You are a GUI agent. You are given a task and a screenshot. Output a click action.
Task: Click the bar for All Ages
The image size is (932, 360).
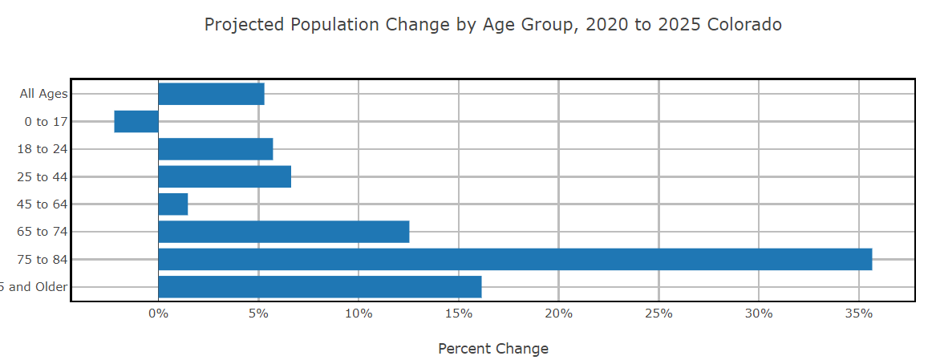click(211, 94)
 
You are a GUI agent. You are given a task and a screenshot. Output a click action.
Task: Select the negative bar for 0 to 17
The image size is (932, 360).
click(136, 122)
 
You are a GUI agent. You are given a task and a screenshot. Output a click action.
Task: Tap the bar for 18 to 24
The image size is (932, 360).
click(215, 149)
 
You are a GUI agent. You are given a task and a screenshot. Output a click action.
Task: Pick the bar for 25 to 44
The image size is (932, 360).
click(225, 176)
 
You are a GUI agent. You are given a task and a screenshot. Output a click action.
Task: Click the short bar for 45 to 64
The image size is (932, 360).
click(172, 204)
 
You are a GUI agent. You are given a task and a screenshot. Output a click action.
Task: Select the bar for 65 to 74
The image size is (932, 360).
click(283, 232)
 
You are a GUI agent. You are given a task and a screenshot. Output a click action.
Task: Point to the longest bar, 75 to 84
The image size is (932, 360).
click(514, 259)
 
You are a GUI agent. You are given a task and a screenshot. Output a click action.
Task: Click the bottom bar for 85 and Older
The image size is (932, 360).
click(319, 287)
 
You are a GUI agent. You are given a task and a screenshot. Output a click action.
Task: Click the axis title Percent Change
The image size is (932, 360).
click(493, 349)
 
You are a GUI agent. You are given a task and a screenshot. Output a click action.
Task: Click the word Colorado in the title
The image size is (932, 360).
click(744, 25)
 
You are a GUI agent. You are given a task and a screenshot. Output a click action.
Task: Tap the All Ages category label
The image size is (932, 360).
click(43, 94)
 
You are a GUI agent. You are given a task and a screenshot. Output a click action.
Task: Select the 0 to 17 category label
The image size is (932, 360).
click(46, 122)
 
